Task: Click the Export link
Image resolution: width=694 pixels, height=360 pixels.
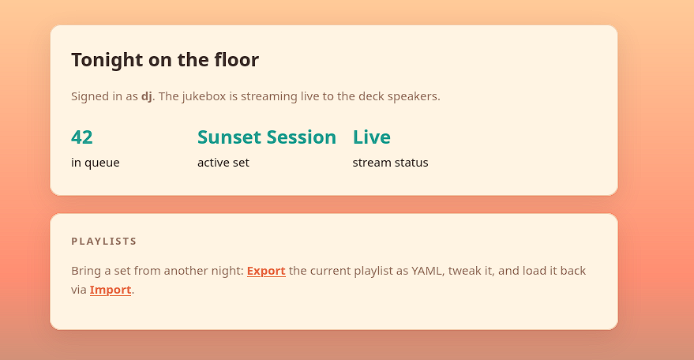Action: pyautogui.click(x=266, y=271)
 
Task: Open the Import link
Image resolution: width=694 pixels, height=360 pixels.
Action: pyautogui.click(x=111, y=290)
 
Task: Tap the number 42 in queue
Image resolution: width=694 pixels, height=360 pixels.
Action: pyautogui.click(x=82, y=137)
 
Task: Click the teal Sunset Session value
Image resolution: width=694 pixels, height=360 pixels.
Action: pyautogui.click(x=267, y=137)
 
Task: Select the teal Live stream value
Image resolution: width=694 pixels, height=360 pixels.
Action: pyautogui.click(x=372, y=137)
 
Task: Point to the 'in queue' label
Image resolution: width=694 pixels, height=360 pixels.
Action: pyautogui.click(x=96, y=163)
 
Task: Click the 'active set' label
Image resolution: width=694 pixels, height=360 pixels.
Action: pyautogui.click(x=223, y=163)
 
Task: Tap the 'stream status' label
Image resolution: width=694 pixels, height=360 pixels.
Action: pyautogui.click(x=390, y=163)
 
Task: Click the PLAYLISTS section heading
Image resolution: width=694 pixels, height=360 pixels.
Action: pyautogui.click(x=104, y=242)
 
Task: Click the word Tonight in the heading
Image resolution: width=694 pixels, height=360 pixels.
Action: pyautogui.click(x=107, y=60)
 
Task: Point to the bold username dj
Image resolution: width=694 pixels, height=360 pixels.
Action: pyautogui.click(x=147, y=96)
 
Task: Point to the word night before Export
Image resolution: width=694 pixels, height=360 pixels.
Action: pyautogui.click(x=229, y=271)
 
